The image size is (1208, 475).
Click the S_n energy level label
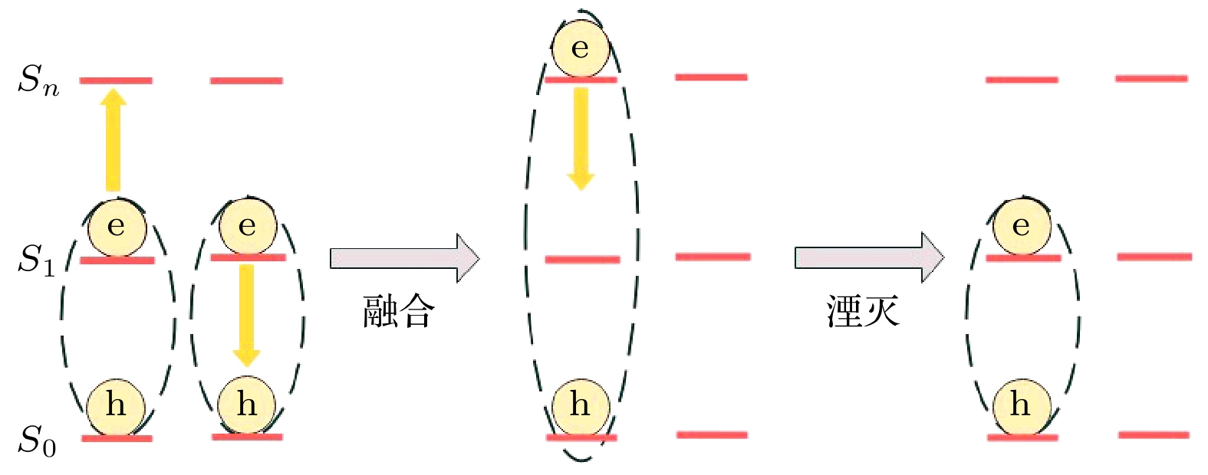[x=38, y=80]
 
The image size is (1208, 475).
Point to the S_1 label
[x=37, y=260]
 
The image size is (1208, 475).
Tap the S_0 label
[x=37, y=441]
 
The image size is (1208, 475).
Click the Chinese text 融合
[x=399, y=312]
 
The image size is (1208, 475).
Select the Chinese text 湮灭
[x=863, y=311]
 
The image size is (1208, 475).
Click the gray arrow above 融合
[x=404, y=258]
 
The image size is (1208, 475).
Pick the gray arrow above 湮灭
[x=869, y=257]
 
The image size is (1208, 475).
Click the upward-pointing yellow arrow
[x=114, y=139]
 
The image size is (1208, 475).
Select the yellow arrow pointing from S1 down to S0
[x=246, y=316]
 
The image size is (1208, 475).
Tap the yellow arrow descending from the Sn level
[x=581, y=139]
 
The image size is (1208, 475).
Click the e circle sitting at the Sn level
[x=581, y=48]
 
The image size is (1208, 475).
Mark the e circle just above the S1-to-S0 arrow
[x=248, y=226]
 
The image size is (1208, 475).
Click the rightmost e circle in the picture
[x=1022, y=226]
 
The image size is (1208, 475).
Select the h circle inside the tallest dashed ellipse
[x=581, y=405]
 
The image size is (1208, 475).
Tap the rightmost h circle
[x=1022, y=405]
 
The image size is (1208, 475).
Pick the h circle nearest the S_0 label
[x=116, y=406]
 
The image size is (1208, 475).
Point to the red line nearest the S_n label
[x=116, y=80]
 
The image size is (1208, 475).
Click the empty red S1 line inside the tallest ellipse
[x=582, y=260]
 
